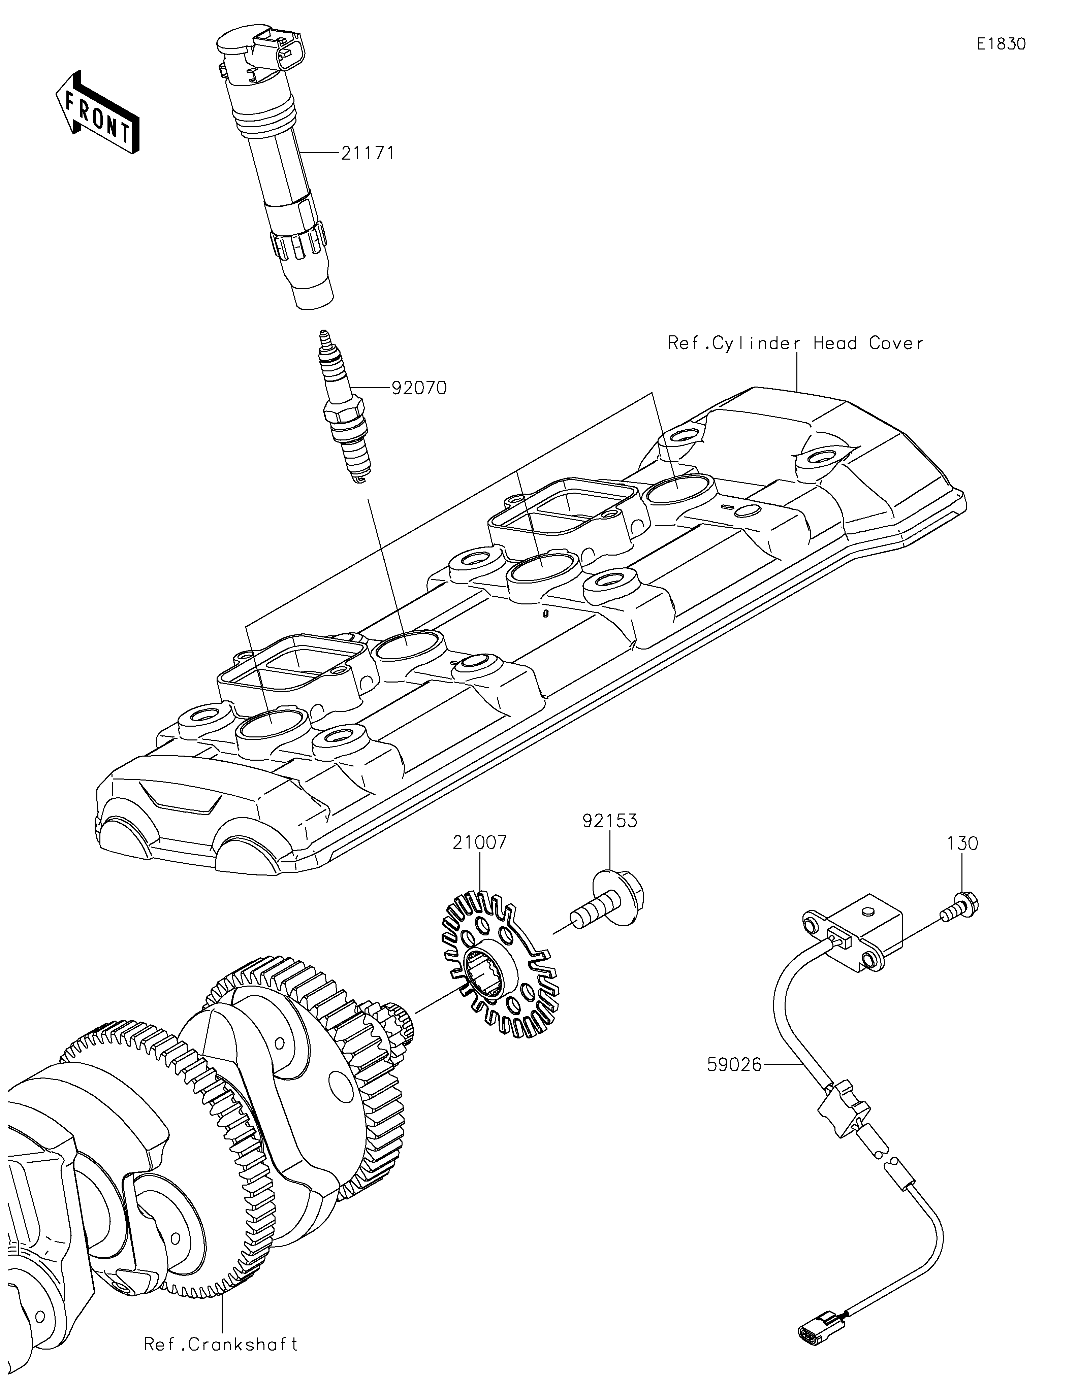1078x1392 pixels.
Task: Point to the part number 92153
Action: tap(609, 821)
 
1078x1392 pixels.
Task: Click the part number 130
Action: tap(962, 843)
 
